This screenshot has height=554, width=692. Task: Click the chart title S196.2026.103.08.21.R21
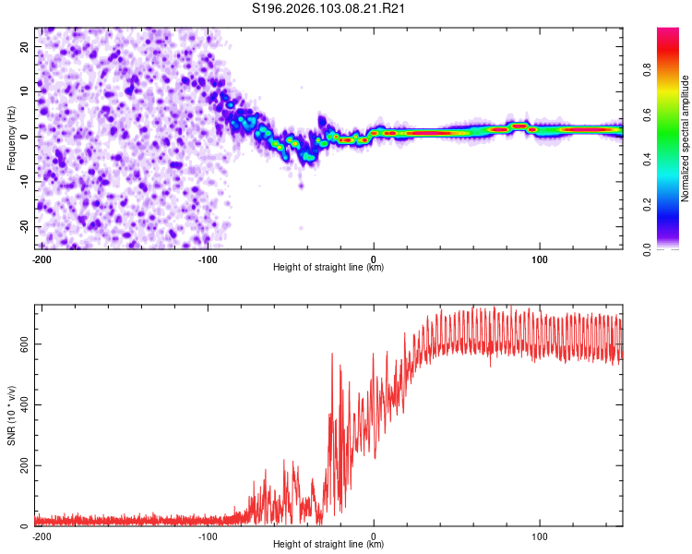click(329, 8)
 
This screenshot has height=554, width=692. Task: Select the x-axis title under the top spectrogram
click(328, 267)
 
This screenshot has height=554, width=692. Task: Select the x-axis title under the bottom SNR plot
click(328, 544)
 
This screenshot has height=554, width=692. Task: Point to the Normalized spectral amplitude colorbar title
click(685, 138)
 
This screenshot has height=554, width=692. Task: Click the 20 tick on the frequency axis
click(25, 46)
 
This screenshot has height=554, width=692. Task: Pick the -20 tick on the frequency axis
click(23, 226)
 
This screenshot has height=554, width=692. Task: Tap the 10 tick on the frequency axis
click(25, 91)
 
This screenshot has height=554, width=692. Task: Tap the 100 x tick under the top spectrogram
click(540, 258)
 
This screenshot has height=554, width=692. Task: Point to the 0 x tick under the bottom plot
click(374, 535)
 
